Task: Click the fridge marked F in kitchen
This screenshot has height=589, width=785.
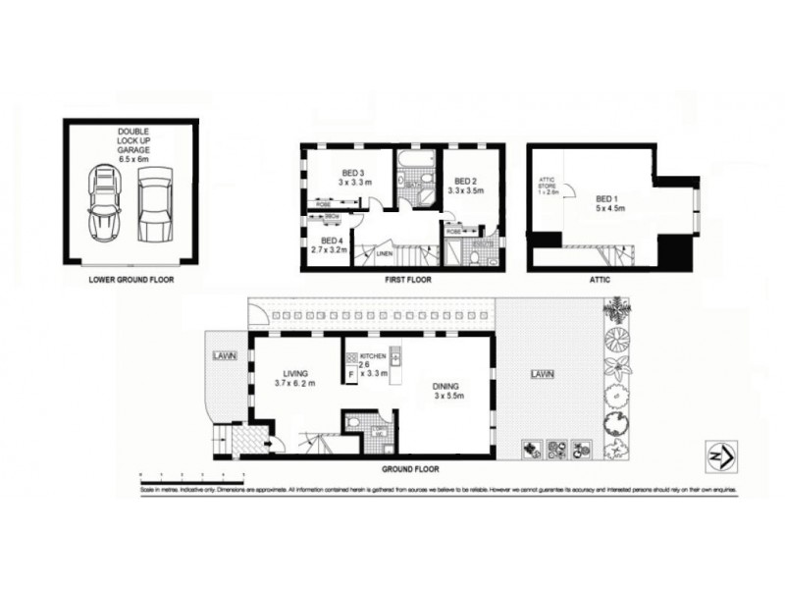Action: [351, 374]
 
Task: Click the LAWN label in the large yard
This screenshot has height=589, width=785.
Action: [541, 374]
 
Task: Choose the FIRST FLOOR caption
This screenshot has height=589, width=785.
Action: [403, 279]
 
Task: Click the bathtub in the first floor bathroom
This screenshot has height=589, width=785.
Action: [416, 156]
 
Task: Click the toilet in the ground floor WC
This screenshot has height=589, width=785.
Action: [356, 423]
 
